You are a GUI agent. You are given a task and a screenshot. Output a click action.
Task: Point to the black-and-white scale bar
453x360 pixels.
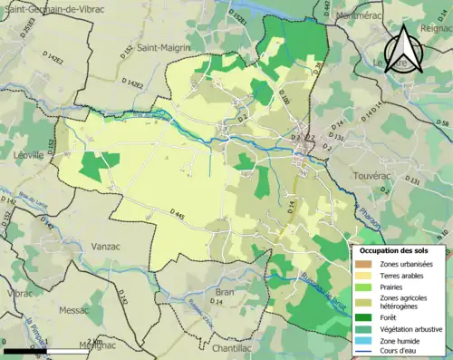pyautogui.click(x=54, y=350)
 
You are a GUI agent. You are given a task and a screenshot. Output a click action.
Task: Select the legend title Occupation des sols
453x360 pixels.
pyautogui.click(x=400, y=249)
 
